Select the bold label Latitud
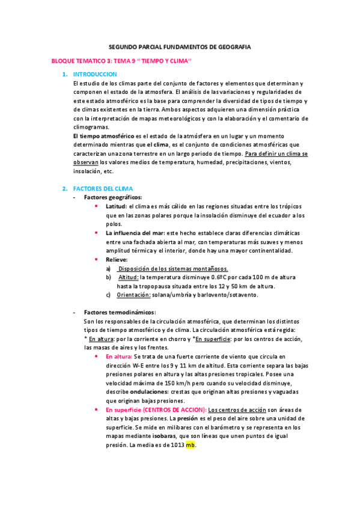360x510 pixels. [x=117, y=206]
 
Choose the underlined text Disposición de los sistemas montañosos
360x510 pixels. [x=172, y=268]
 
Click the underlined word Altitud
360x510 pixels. [x=128, y=277]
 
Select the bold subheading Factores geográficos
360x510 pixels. [x=113, y=197]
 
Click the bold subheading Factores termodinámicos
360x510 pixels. [x=120, y=312]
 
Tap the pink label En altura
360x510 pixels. [x=122, y=356]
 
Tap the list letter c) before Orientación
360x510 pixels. [x=108, y=295]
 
